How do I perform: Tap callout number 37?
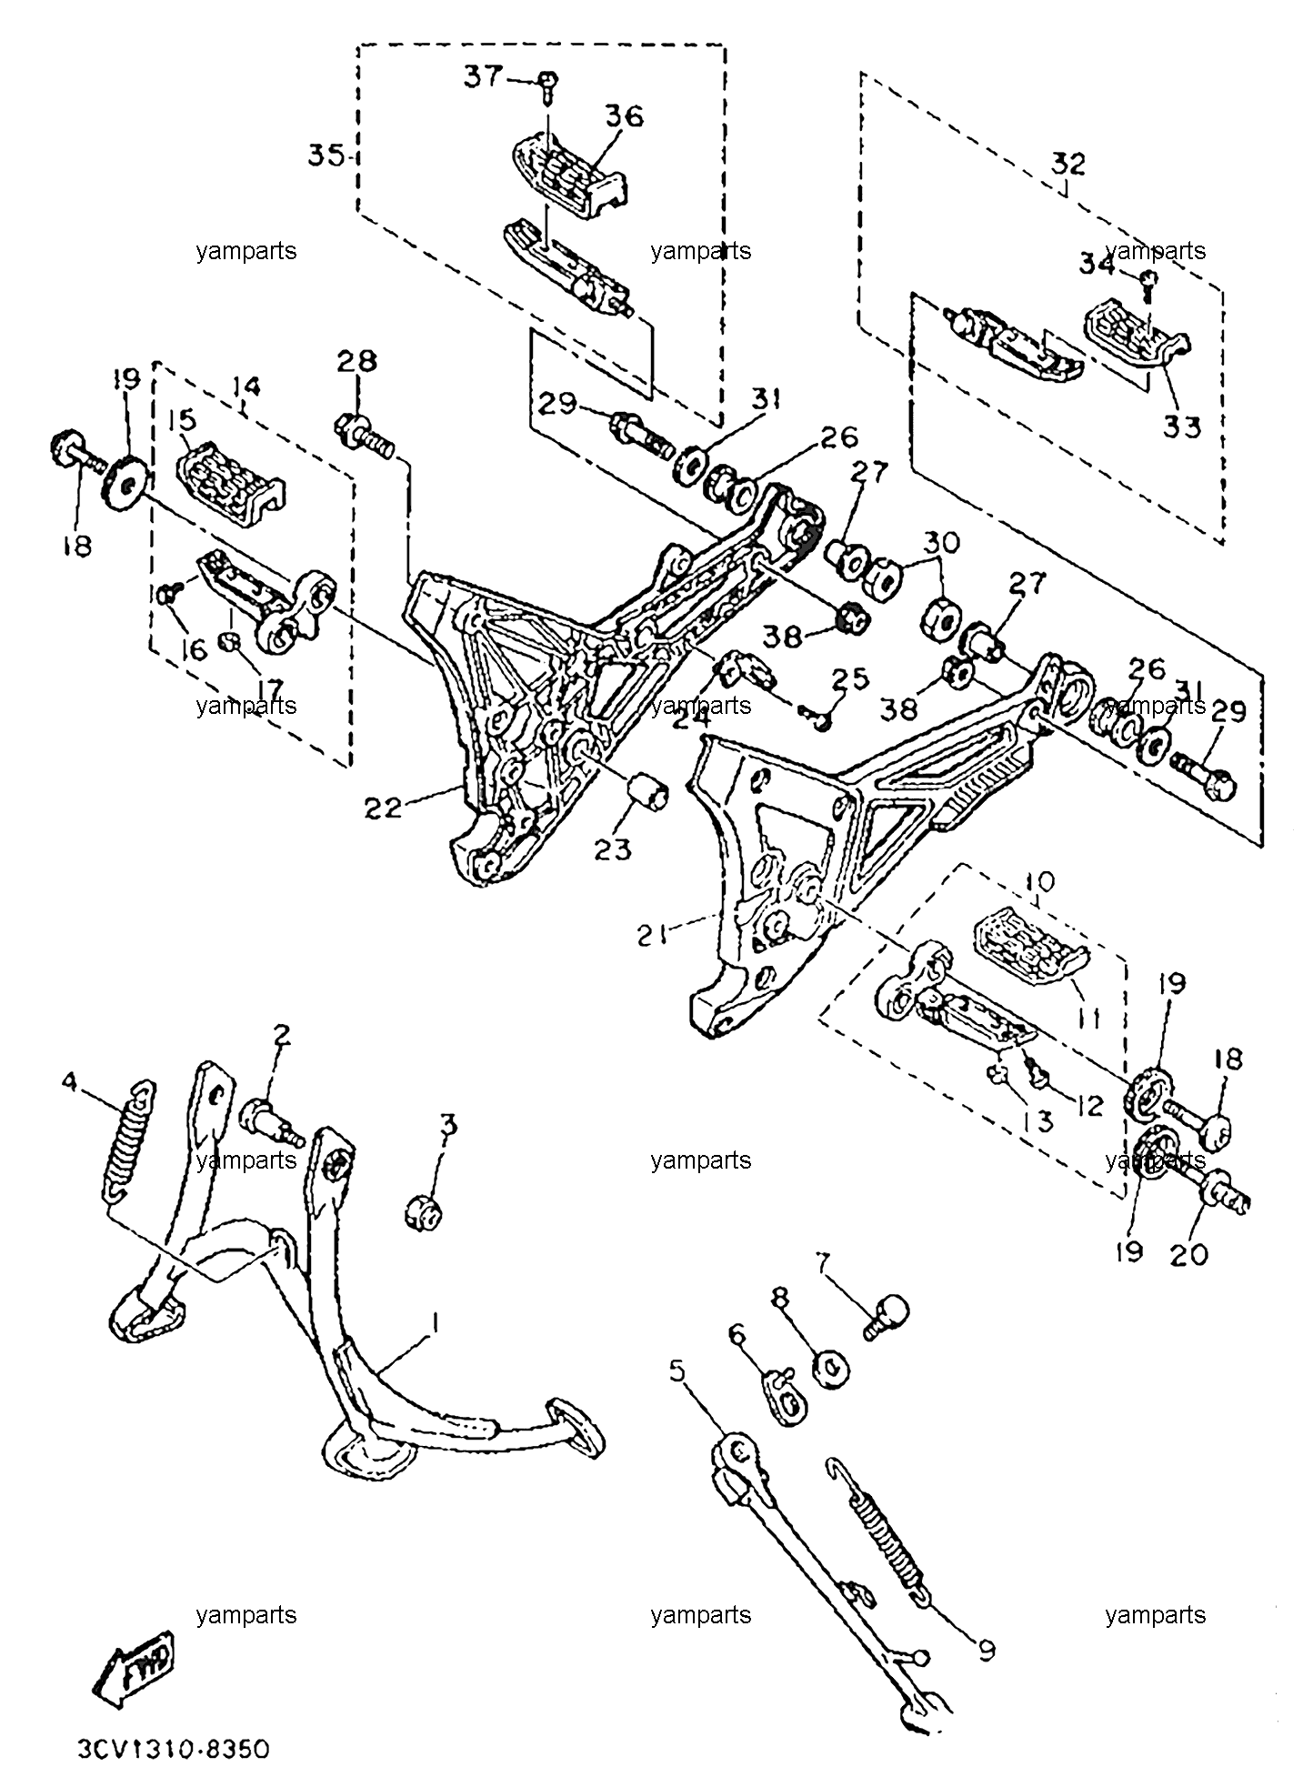[x=484, y=76]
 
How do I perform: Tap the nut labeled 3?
[x=424, y=1210]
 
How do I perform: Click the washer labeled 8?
[x=829, y=1368]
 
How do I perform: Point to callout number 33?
[x=1183, y=427]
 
